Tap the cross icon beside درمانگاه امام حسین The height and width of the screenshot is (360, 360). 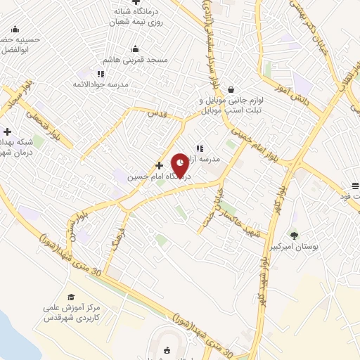pos(159,165)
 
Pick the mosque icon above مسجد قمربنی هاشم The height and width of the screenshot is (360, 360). pos(136,49)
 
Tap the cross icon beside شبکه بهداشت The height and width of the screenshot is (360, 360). pos(8,131)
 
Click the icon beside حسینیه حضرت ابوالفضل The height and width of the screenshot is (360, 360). pos(15,30)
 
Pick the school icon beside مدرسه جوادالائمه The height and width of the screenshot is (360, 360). pos(101,73)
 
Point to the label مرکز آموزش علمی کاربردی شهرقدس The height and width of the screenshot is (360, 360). pos(71,314)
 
